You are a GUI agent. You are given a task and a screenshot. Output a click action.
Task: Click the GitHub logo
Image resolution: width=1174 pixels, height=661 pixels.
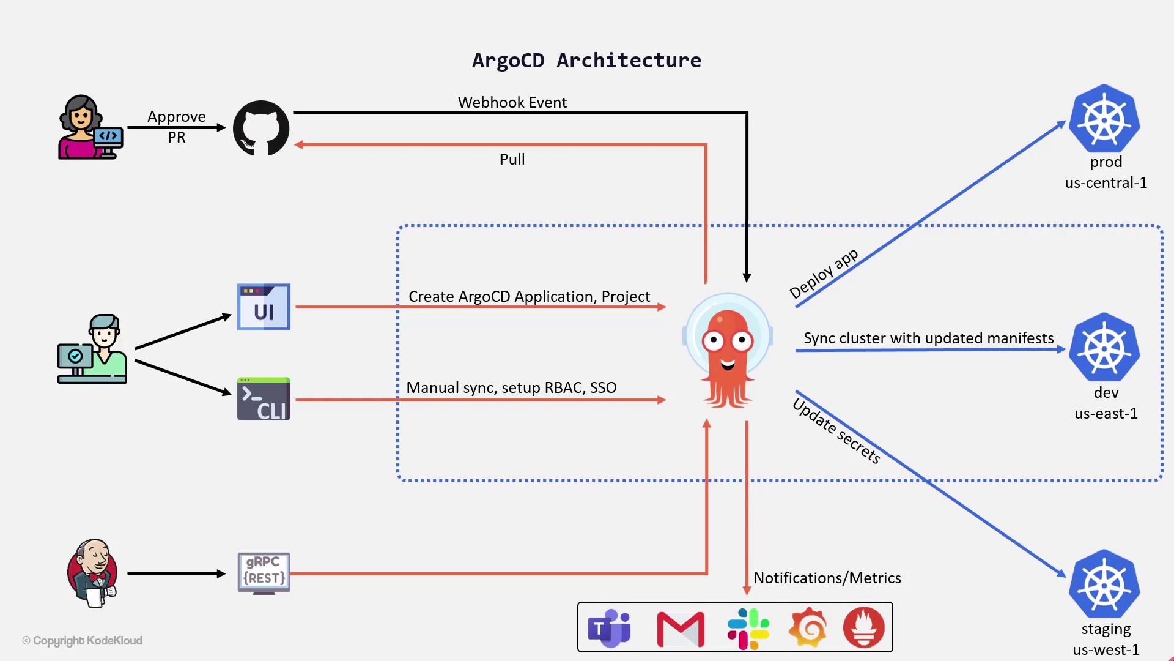[261, 128]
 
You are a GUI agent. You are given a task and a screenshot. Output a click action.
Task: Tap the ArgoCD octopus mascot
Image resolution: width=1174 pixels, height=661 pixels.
[727, 351]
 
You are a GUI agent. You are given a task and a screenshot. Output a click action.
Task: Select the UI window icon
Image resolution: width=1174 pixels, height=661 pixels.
[264, 307]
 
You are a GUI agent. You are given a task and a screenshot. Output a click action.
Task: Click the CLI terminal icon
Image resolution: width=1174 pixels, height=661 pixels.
[264, 399]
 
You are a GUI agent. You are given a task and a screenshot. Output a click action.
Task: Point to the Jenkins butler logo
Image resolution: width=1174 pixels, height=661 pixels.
[92, 573]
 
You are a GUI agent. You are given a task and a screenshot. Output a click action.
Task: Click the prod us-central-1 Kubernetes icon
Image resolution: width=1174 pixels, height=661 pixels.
[1104, 119]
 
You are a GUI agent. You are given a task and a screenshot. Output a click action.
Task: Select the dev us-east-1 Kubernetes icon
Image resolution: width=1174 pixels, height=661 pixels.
[1104, 347]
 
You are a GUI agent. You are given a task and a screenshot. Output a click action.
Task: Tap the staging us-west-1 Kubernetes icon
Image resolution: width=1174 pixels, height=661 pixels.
[1104, 584]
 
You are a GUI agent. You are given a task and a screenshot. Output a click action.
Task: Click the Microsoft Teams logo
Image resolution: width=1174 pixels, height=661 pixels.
[609, 627]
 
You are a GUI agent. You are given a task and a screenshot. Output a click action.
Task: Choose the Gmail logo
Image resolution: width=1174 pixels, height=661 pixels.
[681, 629]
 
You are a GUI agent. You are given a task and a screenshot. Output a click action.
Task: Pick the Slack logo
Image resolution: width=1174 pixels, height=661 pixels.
[748, 629]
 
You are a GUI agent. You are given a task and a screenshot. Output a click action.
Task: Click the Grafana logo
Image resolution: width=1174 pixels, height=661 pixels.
[808, 627]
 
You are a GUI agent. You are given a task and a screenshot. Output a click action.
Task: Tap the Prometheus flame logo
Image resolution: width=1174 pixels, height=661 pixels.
[863, 627]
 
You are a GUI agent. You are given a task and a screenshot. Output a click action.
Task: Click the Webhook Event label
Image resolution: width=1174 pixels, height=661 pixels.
[512, 102]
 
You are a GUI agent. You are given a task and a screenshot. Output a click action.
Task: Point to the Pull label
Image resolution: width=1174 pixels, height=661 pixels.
[512, 159]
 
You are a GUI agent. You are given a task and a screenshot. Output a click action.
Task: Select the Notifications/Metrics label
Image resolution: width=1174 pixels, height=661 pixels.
[827, 578]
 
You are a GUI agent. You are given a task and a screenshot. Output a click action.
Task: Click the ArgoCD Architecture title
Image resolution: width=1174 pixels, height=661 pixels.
[586, 60]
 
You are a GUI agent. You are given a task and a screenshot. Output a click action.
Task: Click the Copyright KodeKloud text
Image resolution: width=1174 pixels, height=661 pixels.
[83, 640]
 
